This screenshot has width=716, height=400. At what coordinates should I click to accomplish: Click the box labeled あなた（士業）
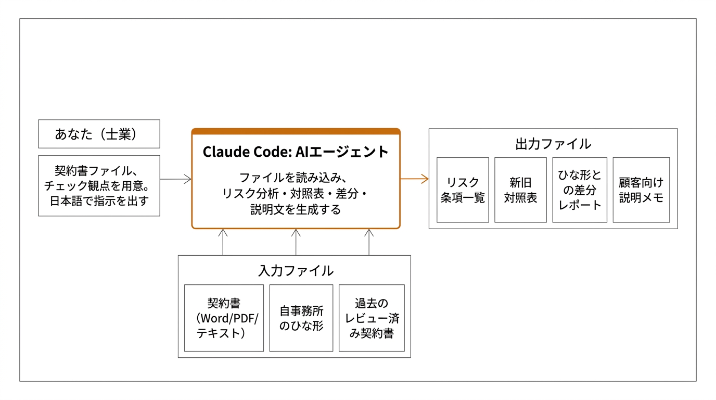pyautogui.click(x=99, y=134)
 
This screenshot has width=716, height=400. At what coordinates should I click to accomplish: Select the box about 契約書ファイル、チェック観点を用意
pyautogui.click(x=99, y=185)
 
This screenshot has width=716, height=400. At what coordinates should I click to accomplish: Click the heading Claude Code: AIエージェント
pyautogui.click(x=296, y=152)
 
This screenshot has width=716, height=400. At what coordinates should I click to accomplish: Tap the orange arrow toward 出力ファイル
pyautogui.click(x=414, y=179)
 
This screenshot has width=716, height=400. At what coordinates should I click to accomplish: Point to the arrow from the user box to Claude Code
pyautogui.click(x=176, y=179)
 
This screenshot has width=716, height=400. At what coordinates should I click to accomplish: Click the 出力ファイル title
pyautogui.click(x=553, y=144)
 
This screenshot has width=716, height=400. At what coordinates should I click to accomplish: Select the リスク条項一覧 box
pyautogui.click(x=463, y=190)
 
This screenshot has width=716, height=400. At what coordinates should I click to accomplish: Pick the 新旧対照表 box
pyautogui.click(x=520, y=190)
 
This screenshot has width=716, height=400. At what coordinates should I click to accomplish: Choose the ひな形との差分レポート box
pyautogui.click(x=580, y=190)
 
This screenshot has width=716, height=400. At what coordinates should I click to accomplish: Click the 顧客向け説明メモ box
pyautogui.click(x=641, y=190)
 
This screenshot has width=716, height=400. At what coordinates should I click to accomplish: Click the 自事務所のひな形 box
pyautogui.click(x=301, y=318)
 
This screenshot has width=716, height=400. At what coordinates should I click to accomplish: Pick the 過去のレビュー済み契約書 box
pyautogui.click(x=372, y=318)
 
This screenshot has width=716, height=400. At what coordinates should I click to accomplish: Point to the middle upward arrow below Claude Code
pyautogui.click(x=296, y=242)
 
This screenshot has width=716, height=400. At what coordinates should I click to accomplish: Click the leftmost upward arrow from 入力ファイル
pyautogui.click(x=223, y=242)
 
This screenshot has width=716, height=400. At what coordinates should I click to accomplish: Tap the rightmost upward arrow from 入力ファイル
pyautogui.click(x=369, y=242)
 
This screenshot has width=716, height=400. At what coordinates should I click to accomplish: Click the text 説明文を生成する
pyautogui.click(x=296, y=210)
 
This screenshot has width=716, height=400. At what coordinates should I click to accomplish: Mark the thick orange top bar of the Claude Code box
pyautogui.click(x=296, y=131)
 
